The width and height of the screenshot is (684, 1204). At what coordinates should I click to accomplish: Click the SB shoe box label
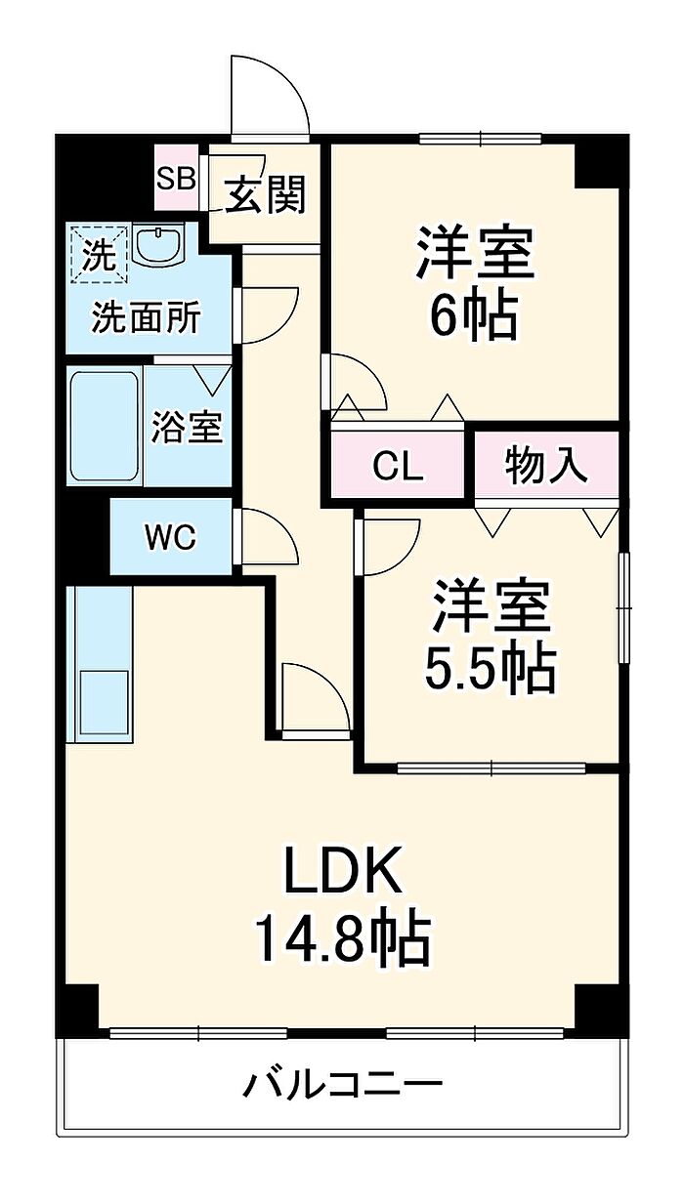[x=177, y=178]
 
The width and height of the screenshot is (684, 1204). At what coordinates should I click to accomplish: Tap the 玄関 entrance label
[x=266, y=194]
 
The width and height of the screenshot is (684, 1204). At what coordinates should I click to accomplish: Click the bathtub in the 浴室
[x=103, y=426]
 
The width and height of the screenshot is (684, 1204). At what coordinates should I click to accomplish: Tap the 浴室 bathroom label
[x=187, y=427]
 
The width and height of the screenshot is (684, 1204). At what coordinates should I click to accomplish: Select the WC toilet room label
[x=170, y=536]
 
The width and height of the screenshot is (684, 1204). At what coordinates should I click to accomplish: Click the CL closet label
[x=399, y=467]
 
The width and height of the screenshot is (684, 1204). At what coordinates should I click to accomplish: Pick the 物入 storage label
[x=547, y=465]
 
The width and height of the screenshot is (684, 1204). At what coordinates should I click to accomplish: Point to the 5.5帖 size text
[x=490, y=668]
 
